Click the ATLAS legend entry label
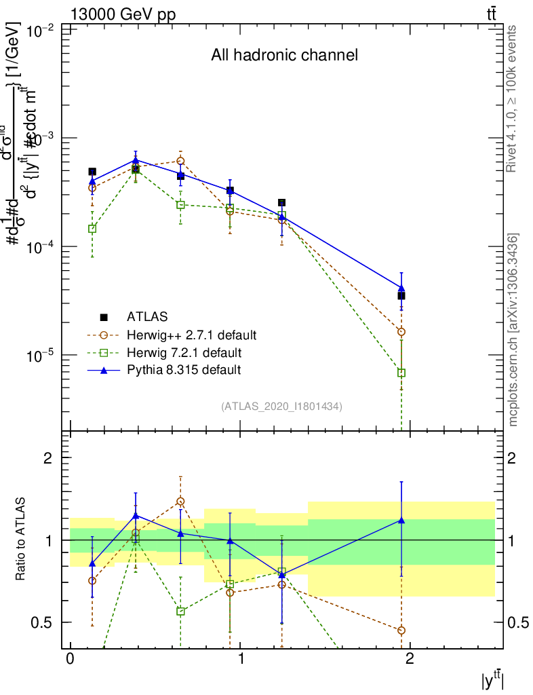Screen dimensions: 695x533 (147, 316)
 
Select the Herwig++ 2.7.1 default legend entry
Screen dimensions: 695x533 (191, 335)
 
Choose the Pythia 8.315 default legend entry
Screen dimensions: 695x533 (183, 370)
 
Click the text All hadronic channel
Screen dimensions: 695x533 (283, 55)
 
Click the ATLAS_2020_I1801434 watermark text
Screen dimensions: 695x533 (281, 407)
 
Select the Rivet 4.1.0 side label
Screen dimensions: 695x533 (513, 98)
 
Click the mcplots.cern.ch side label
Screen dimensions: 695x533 (513, 329)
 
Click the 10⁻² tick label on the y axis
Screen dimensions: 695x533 (39, 31)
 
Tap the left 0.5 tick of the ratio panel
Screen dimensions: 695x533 (41, 622)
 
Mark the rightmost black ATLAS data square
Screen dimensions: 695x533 (401, 295)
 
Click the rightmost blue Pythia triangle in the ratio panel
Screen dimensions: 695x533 (401, 521)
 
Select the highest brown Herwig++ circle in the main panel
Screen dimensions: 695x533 (180, 161)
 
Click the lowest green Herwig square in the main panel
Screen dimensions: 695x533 (401, 373)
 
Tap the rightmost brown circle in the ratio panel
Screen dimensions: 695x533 (401, 630)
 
